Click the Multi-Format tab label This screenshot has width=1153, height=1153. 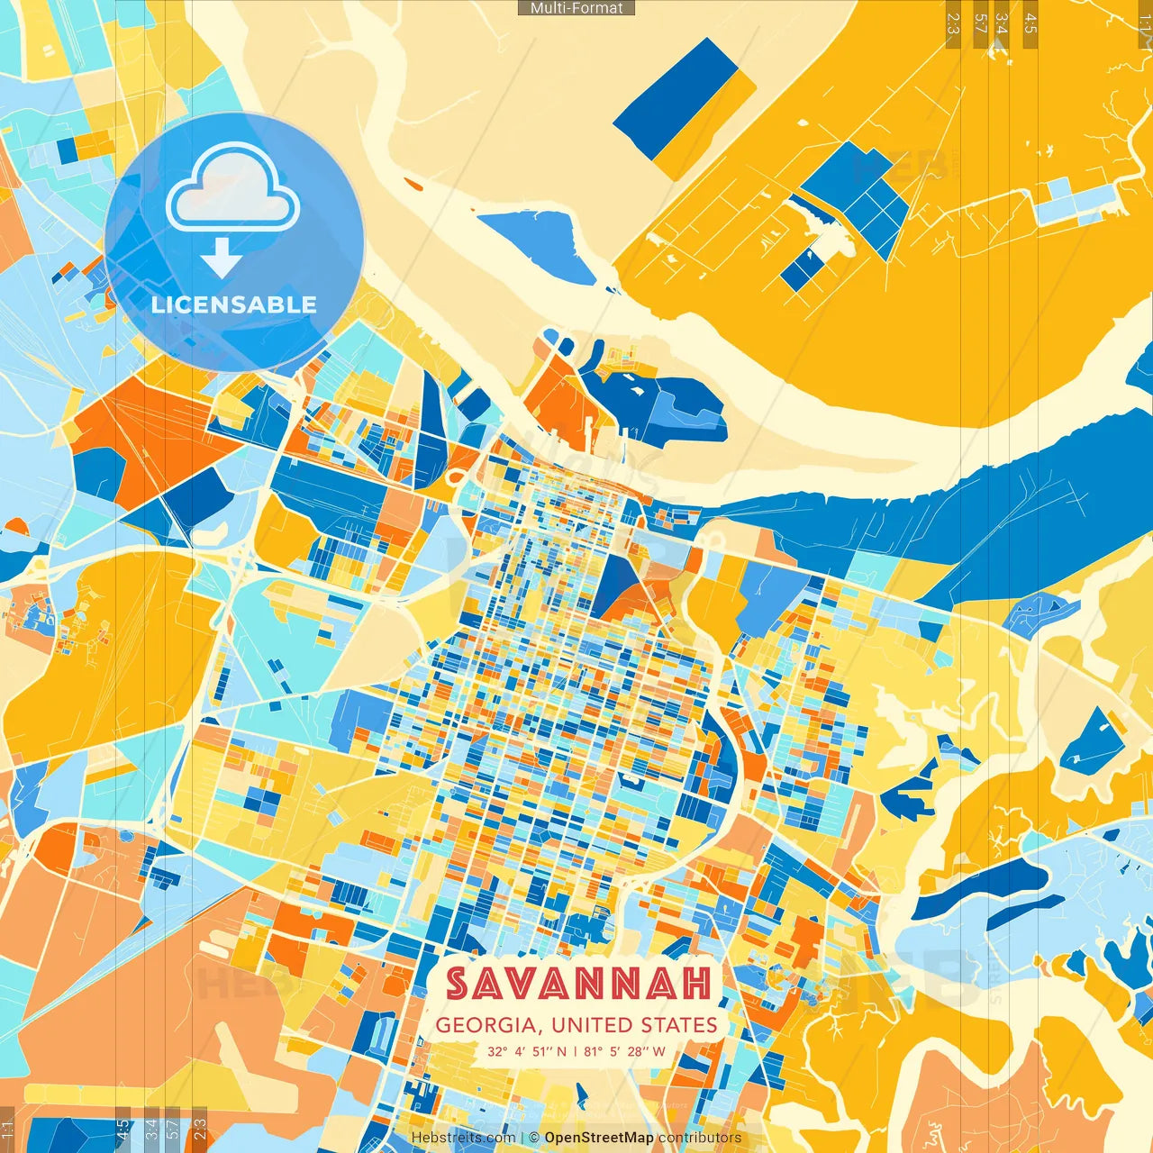(576, 8)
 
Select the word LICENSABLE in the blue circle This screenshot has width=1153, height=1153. (234, 304)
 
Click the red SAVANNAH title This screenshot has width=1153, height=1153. (578, 984)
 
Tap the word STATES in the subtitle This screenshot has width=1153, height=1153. (679, 1025)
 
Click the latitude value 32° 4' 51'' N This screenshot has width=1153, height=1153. (528, 1051)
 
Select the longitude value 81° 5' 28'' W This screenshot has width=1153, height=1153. (624, 1051)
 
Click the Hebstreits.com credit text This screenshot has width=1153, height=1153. (463, 1138)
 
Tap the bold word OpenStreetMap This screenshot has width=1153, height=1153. (599, 1138)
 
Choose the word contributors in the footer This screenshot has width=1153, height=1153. (700, 1138)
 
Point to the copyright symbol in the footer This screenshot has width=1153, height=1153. (535, 1138)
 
